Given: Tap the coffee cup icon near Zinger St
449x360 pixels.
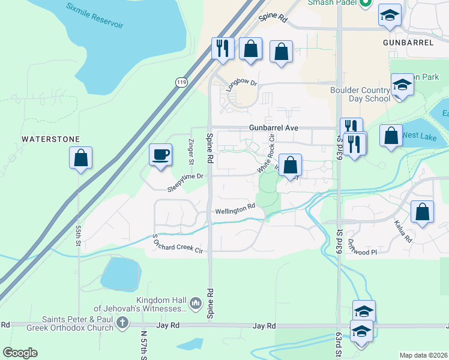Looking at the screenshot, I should click(x=161, y=155).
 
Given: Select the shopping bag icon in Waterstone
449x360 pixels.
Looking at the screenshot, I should click(x=80, y=158).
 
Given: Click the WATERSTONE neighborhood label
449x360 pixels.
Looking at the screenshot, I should click(x=51, y=139).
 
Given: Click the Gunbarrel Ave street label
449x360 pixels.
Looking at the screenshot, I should click(x=274, y=128).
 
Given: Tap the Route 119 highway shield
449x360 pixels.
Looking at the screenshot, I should click(x=180, y=82).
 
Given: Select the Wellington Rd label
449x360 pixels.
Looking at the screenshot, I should click(x=235, y=211).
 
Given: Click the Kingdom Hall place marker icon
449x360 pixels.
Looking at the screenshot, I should click(x=195, y=304).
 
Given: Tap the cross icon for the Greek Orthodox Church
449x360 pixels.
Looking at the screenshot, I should click(x=122, y=323).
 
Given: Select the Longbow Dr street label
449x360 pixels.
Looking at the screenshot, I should click(x=241, y=84).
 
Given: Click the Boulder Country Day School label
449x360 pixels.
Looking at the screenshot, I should click(x=360, y=94).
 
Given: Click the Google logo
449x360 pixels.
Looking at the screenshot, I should click(x=20, y=352).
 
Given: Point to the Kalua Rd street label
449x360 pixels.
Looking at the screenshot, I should click(x=403, y=230).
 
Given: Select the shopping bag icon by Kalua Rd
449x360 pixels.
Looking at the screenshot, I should click(x=423, y=212).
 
